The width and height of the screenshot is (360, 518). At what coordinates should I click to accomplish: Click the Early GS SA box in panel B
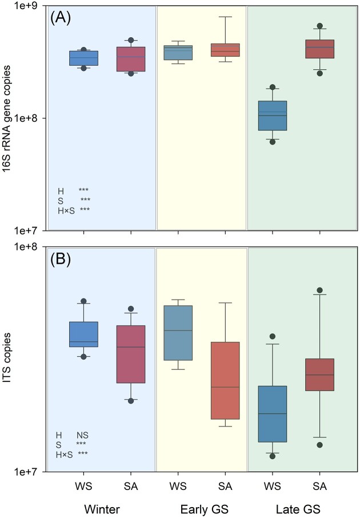[225, 380]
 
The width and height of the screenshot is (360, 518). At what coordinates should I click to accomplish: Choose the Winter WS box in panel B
[83, 334]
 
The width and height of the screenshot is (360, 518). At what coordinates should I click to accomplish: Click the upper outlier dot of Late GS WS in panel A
[273, 87]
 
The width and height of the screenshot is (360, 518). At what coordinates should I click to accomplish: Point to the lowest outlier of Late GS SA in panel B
[319, 445]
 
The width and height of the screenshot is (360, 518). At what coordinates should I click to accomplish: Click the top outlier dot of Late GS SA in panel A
[319, 26]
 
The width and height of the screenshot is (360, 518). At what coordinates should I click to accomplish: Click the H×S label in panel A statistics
[65, 210]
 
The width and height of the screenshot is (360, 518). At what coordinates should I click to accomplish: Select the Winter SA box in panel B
[131, 354]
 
